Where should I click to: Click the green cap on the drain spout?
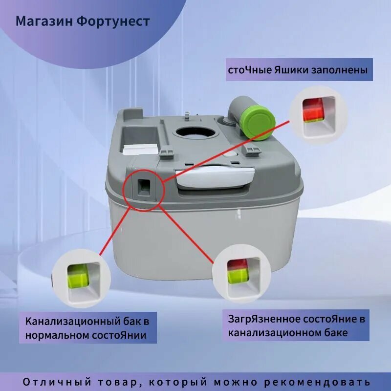(260, 123)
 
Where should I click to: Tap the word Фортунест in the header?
(113, 21)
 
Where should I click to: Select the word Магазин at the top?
(44, 22)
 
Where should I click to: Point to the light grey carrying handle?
(215, 177)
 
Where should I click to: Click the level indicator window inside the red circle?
(144, 187)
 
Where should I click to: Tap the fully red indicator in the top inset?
(312, 109)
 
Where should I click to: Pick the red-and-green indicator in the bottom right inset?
(238, 271)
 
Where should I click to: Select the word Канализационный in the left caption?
(72, 322)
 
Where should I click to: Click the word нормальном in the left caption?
(57, 335)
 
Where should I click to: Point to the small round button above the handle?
(230, 154)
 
